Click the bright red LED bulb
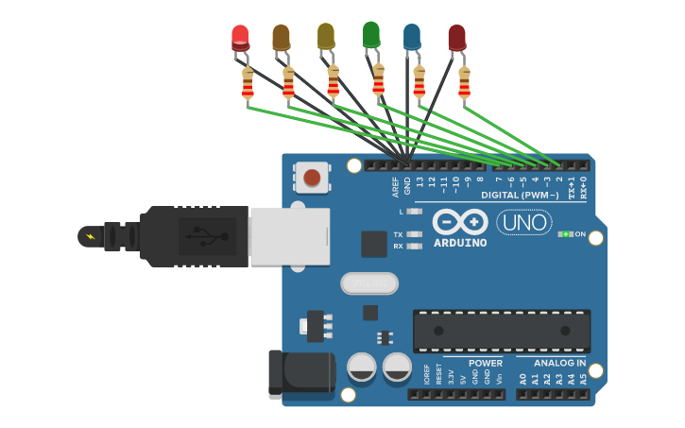point(241,38)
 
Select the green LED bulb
point(371,34)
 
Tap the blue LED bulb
point(412,37)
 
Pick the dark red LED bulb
point(457,38)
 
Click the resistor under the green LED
point(379,80)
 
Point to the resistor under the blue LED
point(419,83)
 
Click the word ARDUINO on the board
point(460,243)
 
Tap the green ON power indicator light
point(565,234)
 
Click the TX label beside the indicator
point(398,234)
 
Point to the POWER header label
point(486,363)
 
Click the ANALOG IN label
point(559,363)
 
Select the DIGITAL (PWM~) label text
point(520,196)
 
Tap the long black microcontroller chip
point(501,331)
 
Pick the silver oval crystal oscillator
point(369,282)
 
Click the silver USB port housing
point(289,236)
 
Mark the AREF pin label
point(396,185)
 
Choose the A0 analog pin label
point(522,379)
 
